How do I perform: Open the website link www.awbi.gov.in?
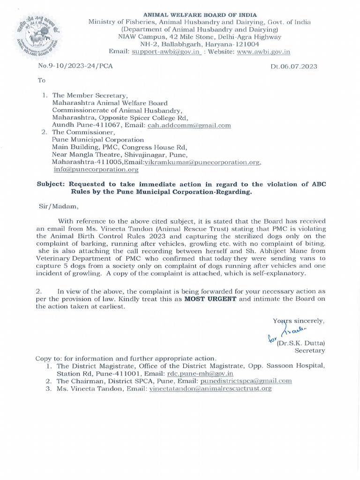coord(263,52)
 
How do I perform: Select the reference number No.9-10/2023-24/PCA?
coord(75,66)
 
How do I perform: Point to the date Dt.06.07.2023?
coord(293,67)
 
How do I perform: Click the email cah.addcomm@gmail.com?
coord(189,125)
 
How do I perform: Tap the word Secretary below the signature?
coord(309,350)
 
